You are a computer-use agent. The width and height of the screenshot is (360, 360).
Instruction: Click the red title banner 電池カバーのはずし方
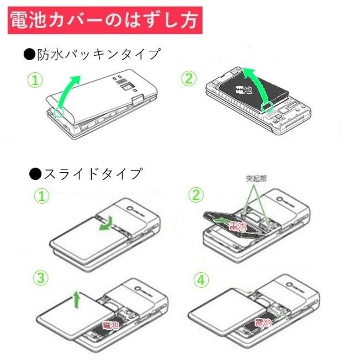coord(105,21)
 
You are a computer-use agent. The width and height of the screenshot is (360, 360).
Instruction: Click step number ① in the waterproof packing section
coord(35,81)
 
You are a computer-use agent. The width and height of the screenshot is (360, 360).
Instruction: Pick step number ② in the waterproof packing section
coord(189,78)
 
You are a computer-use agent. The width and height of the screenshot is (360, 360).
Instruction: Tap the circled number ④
coord(202,280)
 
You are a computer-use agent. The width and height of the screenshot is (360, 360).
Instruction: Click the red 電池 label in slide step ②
coord(237,226)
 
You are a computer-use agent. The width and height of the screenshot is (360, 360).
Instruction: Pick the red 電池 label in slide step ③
coord(111,326)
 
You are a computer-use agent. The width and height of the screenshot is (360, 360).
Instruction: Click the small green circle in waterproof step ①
coord(59,112)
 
